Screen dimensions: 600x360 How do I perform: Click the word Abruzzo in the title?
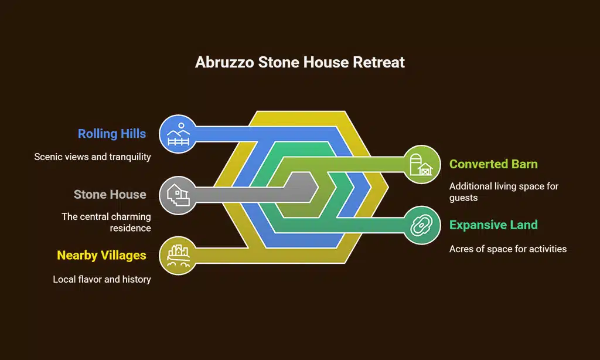point(224,62)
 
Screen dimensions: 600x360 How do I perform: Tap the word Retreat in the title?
point(379,62)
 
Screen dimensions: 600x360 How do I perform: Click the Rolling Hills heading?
point(112,134)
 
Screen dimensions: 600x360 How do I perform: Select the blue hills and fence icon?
point(178,134)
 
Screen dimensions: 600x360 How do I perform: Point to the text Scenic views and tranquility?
point(93,157)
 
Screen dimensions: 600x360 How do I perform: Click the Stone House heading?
point(110,195)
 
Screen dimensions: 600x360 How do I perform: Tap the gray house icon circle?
point(178,195)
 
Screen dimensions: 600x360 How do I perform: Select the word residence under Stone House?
point(130,228)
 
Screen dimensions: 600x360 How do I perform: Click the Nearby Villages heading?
point(101,256)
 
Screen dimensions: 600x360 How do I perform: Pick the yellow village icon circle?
point(178,256)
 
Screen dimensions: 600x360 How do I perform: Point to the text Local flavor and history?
point(102,280)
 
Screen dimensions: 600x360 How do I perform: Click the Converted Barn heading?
point(493,164)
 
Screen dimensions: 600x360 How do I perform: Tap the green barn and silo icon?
point(422,164)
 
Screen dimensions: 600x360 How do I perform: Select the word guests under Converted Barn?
point(463,198)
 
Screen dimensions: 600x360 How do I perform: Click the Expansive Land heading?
point(493,225)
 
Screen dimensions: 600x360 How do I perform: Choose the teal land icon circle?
point(422,225)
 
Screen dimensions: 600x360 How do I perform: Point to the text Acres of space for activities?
point(508,249)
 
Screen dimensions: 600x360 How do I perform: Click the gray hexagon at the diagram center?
point(302,187)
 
